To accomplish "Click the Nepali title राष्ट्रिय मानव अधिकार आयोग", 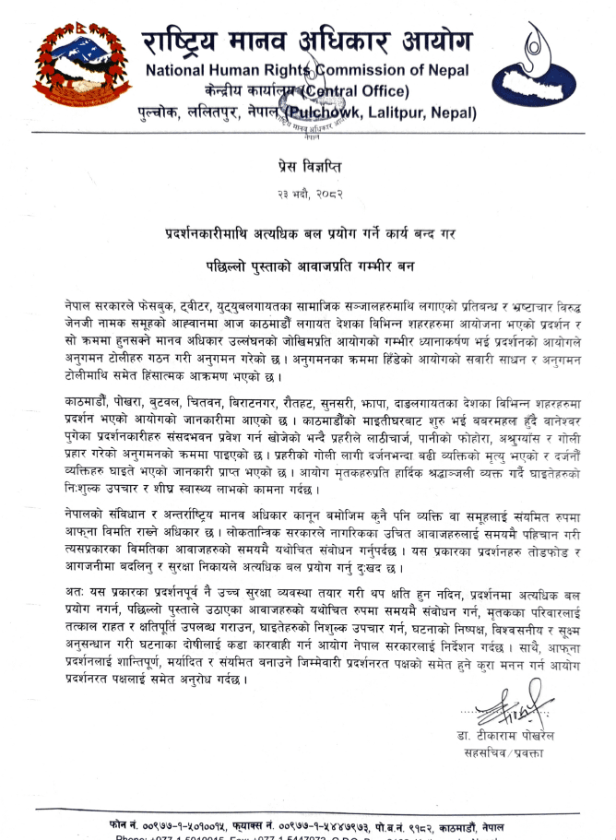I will (306, 41).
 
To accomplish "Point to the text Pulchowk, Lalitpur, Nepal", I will (384, 112).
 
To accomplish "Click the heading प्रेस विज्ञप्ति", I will (307, 167).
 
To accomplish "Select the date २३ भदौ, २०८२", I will (307, 195).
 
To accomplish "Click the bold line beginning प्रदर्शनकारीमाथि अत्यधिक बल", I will (307, 231).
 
